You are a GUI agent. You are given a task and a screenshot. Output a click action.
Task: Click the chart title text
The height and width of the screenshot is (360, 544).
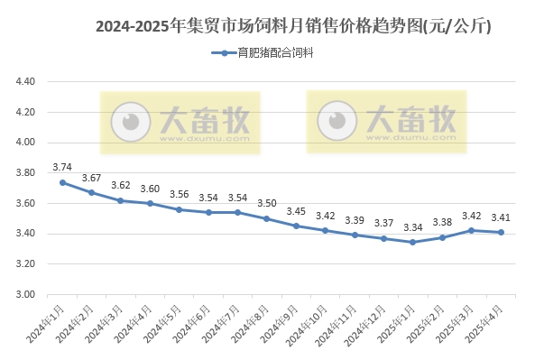pyautogui.click(x=293, y=26)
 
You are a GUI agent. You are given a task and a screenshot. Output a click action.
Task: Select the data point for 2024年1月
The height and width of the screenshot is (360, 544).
pyautogui.click(x=62, y=182)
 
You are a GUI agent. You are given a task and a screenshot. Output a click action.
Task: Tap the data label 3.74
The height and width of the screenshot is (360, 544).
pyautogui.click(x=62, y=167)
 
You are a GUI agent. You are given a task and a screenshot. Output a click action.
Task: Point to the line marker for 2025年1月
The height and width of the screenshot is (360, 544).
pyautogui.click(x=411, y=242)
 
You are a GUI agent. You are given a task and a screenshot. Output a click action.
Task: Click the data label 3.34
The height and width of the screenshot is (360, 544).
pyautogui.click(x=411, y=227)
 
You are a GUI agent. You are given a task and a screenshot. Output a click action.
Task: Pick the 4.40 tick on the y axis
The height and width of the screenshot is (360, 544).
pyautogui.click(x=25, y=82)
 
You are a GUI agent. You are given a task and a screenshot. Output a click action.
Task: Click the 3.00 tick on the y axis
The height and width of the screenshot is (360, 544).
pyautogui.click(x=25, y=295)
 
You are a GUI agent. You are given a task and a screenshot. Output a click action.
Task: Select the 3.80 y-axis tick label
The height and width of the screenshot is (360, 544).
pyautogui.click(x=25, y=173)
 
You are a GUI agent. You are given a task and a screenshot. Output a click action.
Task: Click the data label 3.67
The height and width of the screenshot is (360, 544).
pyautogui.click(x=91, y=178)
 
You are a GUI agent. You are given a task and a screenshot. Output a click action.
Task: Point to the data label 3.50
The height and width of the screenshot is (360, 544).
pyautogui.click(x=266, y=203)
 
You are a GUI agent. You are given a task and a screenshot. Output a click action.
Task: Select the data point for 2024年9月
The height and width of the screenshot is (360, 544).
pyautogui.click(x=295, y=226)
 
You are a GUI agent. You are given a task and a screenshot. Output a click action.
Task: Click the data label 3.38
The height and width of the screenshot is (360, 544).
pyautogui.click(x=442, y=222)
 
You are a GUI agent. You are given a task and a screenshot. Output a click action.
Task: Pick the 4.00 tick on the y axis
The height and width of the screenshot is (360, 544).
pyautogui.click(x=25, y=143)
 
